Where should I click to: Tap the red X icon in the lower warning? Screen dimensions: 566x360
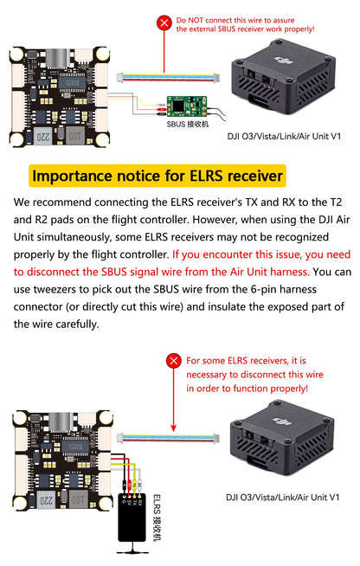click(x=174, y=360)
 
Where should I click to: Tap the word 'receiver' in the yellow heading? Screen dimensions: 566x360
click(x=250, y=176)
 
